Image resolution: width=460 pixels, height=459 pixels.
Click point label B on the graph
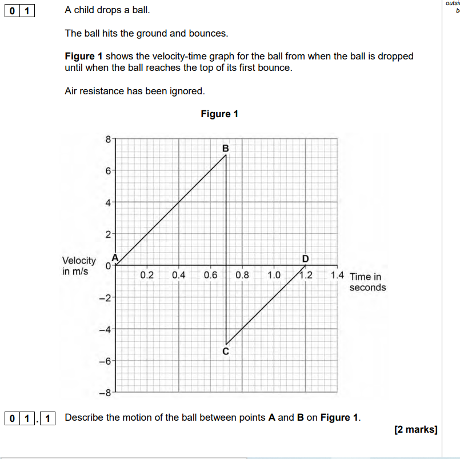click(x=226, y=148)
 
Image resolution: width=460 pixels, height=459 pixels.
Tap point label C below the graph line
click(x=226, y=352)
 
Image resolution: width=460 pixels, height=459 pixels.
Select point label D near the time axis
click(x=305, y=258)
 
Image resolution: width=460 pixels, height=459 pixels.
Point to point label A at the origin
click(x=114, y=258)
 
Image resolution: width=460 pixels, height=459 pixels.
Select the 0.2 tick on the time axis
click(x=147, y=275)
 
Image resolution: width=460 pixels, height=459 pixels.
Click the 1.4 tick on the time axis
click(x=337, y=275)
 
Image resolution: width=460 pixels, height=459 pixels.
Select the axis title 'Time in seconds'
click(x=367, y=282)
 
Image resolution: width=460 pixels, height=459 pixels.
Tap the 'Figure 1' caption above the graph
click(x=219, y=114)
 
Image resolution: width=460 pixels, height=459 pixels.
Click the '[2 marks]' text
click(x=415, y=429)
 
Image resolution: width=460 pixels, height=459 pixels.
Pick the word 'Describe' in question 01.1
click(x=83, y=417)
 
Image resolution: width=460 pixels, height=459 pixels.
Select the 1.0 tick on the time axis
click(x=274, y=275)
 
